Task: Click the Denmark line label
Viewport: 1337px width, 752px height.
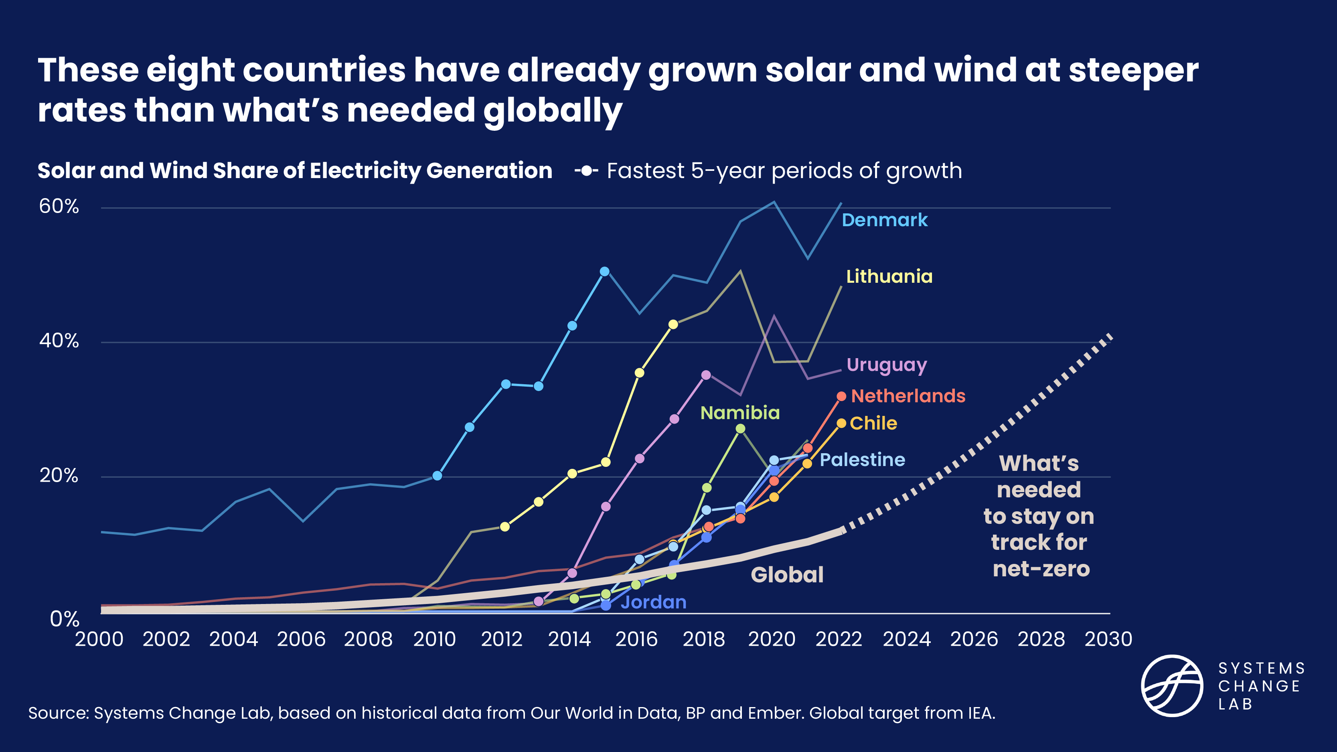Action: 884,220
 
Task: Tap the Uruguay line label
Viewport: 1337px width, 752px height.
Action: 886,365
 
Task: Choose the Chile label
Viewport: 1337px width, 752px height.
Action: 873,424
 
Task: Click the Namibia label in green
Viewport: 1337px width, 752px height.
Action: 739,413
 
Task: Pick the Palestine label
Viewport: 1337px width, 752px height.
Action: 862,459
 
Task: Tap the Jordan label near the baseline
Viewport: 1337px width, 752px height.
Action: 653,602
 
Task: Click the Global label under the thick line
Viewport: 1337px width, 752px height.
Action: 787,575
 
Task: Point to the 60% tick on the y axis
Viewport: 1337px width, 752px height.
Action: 59,207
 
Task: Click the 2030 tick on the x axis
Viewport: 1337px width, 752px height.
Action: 1108,639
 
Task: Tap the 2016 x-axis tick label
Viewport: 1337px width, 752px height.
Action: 636,639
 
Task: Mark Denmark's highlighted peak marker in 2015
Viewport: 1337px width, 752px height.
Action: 605,272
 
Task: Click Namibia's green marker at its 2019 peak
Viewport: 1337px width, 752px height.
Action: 741,429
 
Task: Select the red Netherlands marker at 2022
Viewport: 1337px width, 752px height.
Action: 841,397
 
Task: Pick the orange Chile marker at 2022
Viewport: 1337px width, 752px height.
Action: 841,424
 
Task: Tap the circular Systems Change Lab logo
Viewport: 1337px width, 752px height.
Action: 1172,685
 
